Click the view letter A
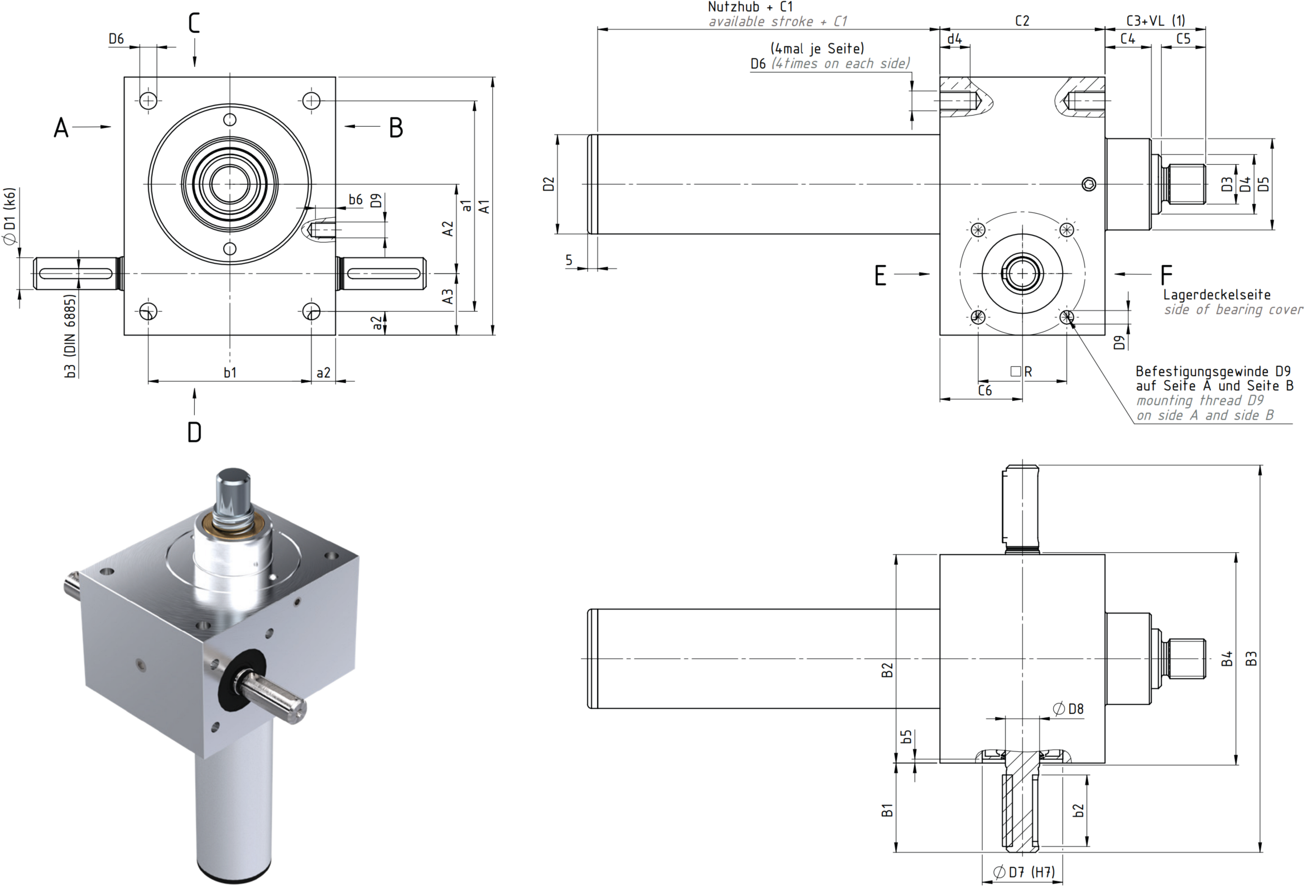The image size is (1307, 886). point(61,128)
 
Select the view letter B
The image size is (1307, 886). point(396,128)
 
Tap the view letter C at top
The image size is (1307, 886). point(194,23)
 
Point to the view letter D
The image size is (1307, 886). point(194,432)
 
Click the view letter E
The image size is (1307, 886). point(880,276)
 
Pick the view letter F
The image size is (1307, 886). point(1166,275)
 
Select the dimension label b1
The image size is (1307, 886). point(230,372)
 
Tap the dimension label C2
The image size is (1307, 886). point(1022,21)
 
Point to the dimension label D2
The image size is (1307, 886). point(549,184)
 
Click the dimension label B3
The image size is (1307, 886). point(1251,659)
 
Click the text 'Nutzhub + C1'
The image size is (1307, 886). point(750,7)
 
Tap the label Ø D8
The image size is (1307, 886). point(1068,709)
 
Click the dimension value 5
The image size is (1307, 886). point(569,260)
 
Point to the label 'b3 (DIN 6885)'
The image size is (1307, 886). point(70,336)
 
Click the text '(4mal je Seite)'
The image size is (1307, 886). point(817,49)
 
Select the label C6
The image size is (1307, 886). point(985,390)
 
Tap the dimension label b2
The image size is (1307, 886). point(1078,810)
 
